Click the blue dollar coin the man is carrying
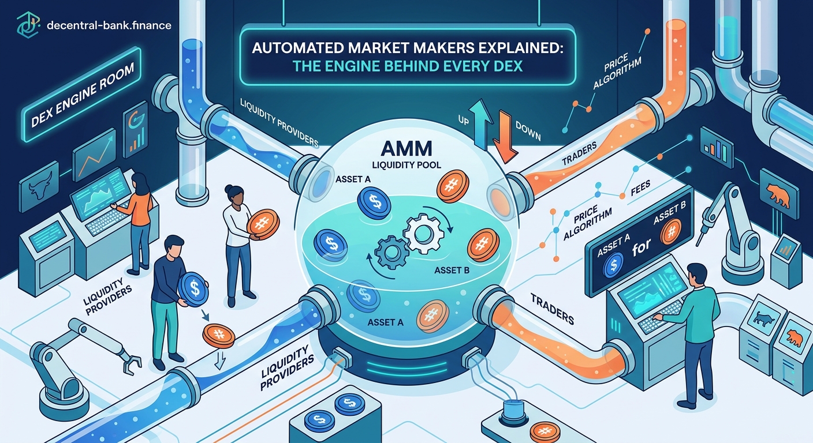192,288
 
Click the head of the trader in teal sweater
698,274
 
